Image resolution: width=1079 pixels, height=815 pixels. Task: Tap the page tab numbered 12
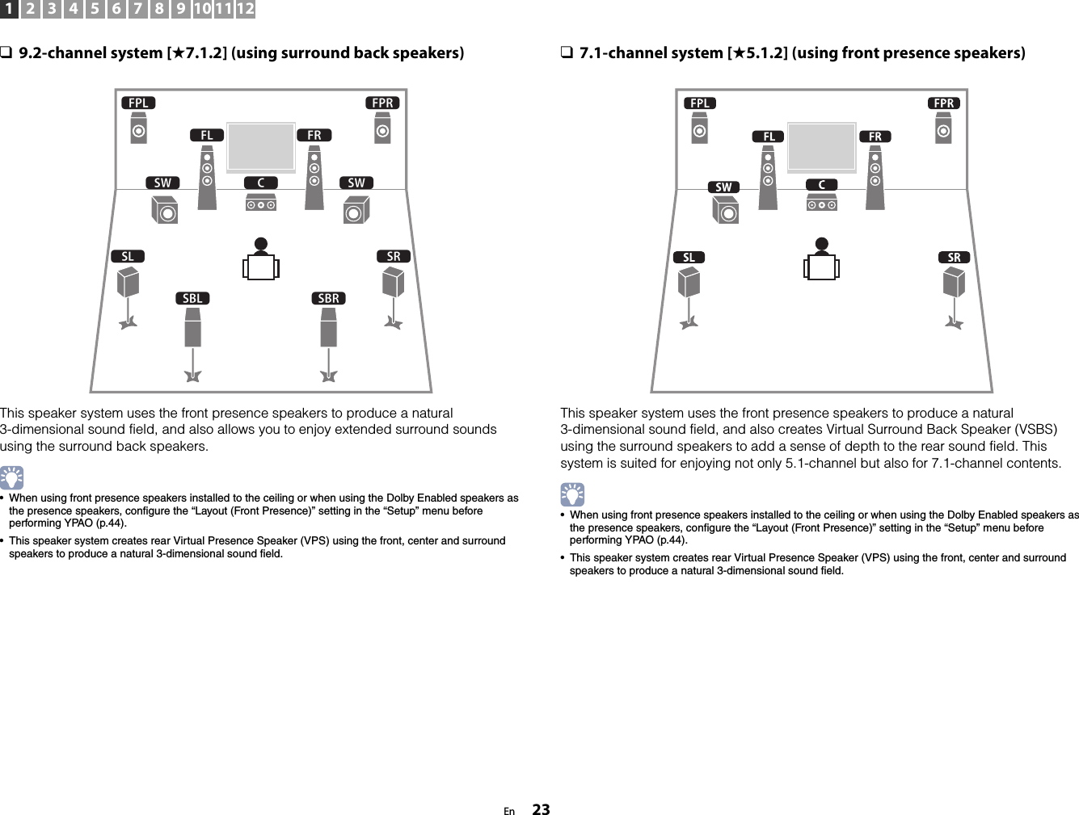246,10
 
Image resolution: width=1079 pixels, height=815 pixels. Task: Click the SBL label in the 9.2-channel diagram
192,299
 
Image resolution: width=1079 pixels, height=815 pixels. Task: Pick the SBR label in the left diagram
329,299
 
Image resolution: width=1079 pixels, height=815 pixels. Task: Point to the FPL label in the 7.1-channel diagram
700,103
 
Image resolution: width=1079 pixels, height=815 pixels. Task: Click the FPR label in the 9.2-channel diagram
382,103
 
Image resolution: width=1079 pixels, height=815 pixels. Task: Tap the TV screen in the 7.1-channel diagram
822,146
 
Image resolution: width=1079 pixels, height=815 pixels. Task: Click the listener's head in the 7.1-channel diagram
822,245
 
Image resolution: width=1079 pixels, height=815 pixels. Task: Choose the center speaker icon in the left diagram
261,204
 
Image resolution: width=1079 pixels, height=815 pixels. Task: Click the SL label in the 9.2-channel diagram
128,257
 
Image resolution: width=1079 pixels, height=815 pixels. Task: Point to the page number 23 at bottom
541,809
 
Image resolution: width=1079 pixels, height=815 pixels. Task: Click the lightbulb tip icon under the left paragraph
12,478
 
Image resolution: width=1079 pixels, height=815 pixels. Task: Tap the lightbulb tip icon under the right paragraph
573,494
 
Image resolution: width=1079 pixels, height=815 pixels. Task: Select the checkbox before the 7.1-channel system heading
567,53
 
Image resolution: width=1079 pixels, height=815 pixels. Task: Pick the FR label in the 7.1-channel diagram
875,137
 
